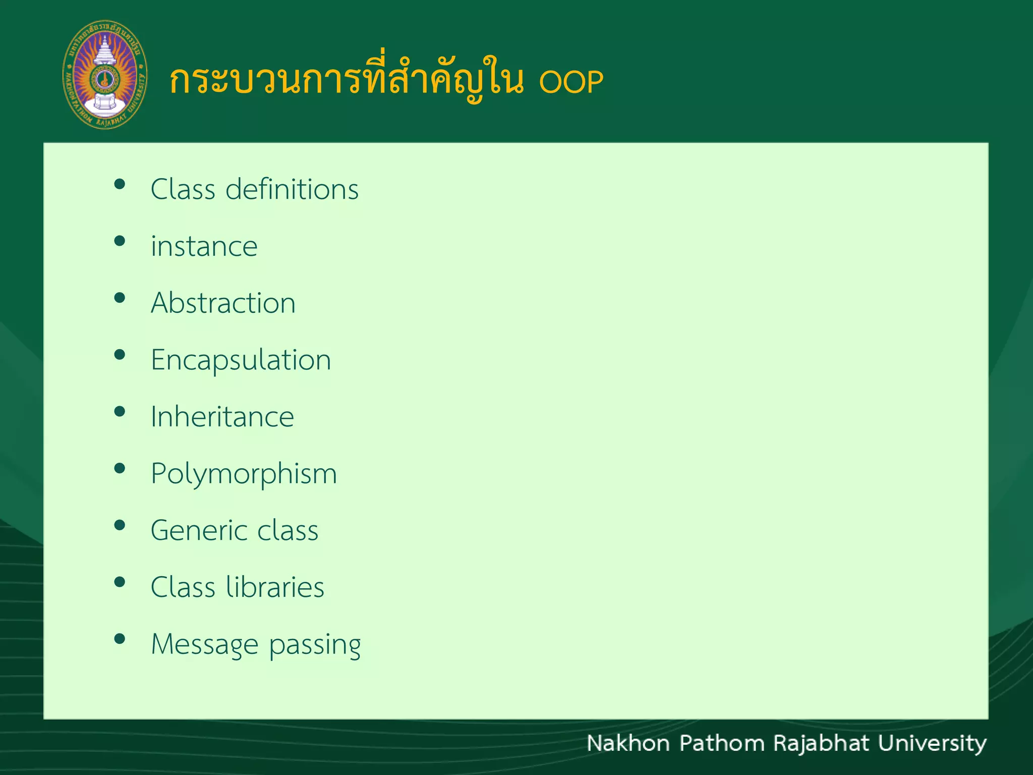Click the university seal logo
click(105, 75)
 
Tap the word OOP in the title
click(571, 82)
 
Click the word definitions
click(292, 190)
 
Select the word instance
click(204, 247)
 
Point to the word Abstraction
click(223, 303)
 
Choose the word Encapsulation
click(241, 360)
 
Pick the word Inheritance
click(222, 417)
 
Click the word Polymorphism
click(244, 474)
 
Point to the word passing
click(315, 646)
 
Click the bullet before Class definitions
click(120, 184)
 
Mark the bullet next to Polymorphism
click(120, 469)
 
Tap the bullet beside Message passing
click(120, 639)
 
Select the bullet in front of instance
click(120, 241)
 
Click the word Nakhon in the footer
click(628, 743)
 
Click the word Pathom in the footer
click(722, 743)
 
